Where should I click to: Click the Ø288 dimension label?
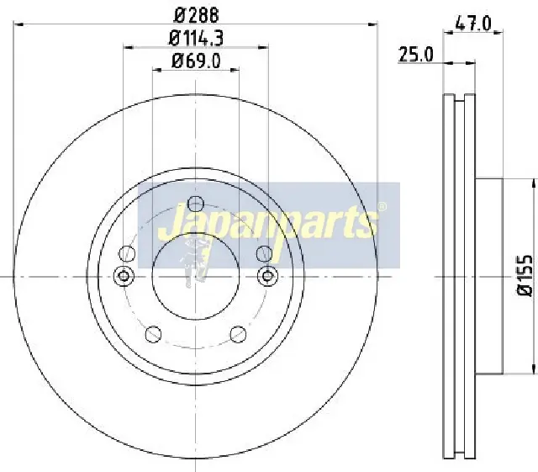pos(197,14)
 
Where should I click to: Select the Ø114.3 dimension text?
pos(196,38)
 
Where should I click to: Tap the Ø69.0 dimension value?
pos(196,61)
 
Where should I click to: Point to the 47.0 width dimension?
pos(473,24)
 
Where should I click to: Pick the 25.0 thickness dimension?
pos(416,55)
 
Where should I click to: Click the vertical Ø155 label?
pos(525,275)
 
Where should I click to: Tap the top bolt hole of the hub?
pos(196,204)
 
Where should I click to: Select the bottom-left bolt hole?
pos(153,334)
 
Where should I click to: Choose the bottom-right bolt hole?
pos(238,334)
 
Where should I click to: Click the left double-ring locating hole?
pos(124,275)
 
